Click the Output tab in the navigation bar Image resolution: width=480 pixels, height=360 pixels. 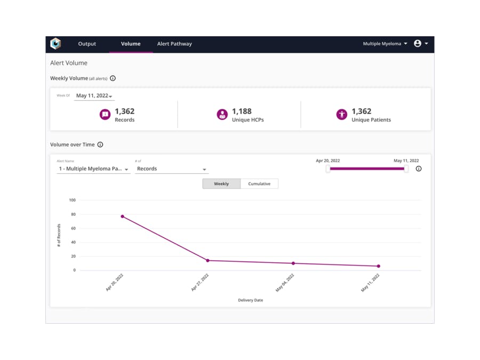tap(87, 44)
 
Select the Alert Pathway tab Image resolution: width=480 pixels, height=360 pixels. tap(174, 44)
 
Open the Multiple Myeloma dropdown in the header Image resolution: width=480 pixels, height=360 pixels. tap(385, 44)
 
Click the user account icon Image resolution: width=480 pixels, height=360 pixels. tap(418, 44)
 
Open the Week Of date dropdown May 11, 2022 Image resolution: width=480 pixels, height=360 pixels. tap(94, 96)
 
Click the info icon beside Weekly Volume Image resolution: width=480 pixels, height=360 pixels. tap(113, 78)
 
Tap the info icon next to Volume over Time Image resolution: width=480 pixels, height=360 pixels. tap(100, 145)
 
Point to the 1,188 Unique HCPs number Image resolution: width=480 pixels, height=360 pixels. tap(242, 111)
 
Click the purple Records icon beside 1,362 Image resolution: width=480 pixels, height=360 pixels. tap(105, 115)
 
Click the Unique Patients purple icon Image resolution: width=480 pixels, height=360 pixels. tap(342, 115)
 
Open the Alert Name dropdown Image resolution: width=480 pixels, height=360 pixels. tap(93, 169)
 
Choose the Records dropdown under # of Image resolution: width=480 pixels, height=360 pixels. tap(171, 169)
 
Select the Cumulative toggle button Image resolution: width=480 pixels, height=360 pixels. tap(259, 184)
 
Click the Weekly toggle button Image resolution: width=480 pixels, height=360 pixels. tap(221, 184)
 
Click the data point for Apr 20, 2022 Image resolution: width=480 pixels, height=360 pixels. tap(123, 217)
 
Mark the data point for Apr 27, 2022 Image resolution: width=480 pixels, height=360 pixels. tap(208, 260)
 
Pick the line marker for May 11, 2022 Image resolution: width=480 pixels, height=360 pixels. tap(379, 266)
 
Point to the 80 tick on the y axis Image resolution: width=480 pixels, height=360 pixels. tap(73, 214)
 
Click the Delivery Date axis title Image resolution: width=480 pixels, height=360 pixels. tap(250, 300)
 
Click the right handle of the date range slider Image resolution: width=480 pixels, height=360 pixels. tap(406, 169)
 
